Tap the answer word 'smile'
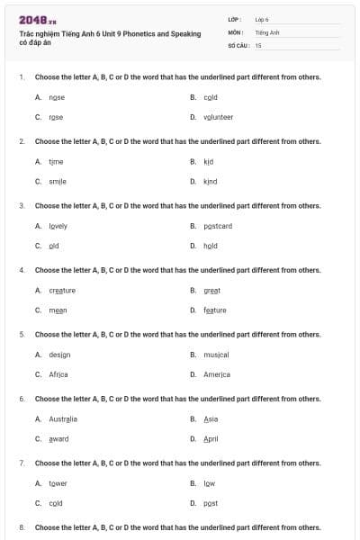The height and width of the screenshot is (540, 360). (58, 181)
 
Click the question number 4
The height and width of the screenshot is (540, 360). (22, 270)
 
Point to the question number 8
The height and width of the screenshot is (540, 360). (22, 526)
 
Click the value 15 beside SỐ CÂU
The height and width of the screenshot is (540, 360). (258, 45)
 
